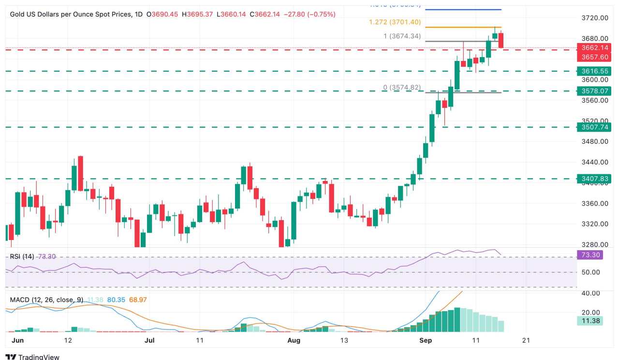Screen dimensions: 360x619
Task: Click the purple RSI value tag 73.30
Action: click(x=590, y=255)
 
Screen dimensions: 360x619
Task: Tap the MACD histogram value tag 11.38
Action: click(x=590, y=320)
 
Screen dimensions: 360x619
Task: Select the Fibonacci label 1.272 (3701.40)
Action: click(x=395, y=22)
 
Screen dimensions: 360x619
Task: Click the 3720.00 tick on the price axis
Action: click(x=594, y=18)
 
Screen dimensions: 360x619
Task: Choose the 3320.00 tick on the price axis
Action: click(x=594, y=224)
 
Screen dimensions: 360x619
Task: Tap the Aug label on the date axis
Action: click(x=294, y=340)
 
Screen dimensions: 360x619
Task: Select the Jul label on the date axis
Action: click(x=149, y=340)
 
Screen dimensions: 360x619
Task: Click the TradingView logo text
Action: click(x=38, y=357)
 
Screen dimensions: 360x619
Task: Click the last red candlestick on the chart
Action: click(x=501, y=40)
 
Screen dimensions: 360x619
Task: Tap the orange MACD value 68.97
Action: click(x=137, y=300)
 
